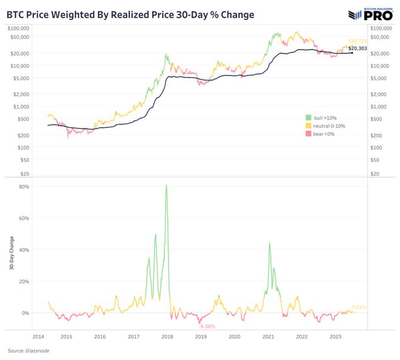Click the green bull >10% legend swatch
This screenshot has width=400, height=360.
(308, 116)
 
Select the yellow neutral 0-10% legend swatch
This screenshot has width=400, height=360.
(308, 125)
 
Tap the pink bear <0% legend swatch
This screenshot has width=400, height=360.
(308, 133)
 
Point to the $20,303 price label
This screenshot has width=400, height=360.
(358, 47)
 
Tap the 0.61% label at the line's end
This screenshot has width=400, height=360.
(359, 307)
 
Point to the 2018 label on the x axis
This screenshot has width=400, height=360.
(168, 337)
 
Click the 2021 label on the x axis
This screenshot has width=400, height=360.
(268, 337)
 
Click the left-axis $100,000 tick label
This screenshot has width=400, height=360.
(19, 28)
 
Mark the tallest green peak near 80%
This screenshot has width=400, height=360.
(166, 185)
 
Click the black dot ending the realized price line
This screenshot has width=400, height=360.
(352, 53)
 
